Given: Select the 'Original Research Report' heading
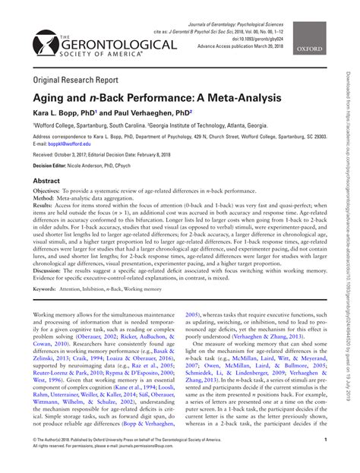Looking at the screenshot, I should point(80,79).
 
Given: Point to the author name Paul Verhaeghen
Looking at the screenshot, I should point(150,112).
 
